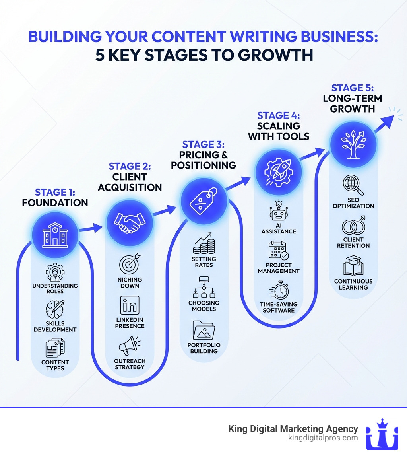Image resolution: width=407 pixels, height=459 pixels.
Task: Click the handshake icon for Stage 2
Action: coord(129,223)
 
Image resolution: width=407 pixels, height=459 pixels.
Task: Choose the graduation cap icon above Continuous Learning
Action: coord(353,266)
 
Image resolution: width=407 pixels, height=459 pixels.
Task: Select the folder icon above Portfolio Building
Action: coord(203,330)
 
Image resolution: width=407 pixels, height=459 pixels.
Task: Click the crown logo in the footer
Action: coord(382,434)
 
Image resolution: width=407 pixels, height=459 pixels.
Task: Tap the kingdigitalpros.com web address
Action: coord(322,438)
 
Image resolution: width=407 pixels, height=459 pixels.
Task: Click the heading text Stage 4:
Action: coord(278,116)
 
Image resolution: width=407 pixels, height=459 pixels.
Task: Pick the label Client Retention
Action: coord(353,243)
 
